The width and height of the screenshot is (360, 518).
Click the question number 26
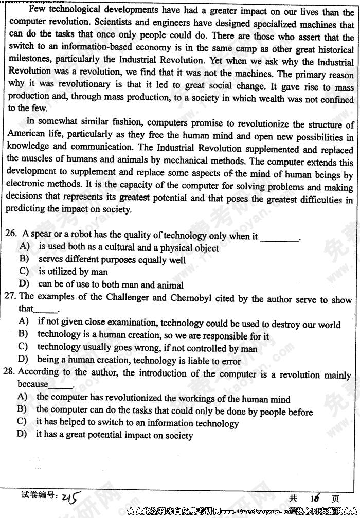coord(10,234)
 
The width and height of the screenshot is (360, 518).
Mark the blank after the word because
coord(61,386)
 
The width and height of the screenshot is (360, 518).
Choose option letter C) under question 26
coord(24,271)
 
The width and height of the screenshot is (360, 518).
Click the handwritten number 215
coord(70,497)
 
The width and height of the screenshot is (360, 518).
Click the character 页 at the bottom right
coord(335,498)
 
